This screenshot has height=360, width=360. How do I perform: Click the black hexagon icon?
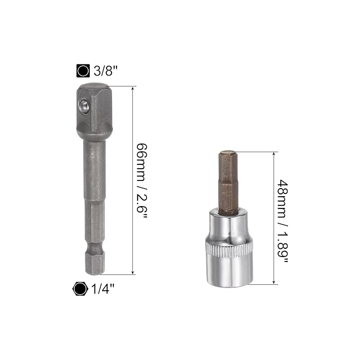[x=80, y=288]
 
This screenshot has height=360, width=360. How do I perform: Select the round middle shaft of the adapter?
[x=93, y=171]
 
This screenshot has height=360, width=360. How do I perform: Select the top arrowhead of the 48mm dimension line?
[x=274, y=154]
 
